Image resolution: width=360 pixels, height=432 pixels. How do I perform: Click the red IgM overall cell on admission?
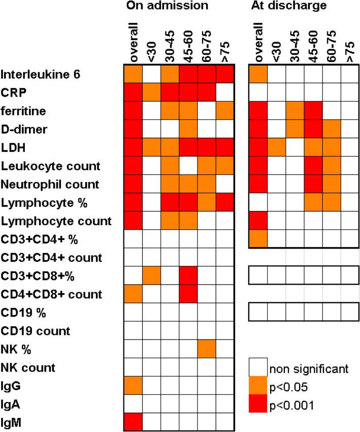point(134,421)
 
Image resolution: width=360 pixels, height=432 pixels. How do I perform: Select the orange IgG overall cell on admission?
point(134,385)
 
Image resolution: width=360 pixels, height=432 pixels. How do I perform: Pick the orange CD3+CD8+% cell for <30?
point(152,275)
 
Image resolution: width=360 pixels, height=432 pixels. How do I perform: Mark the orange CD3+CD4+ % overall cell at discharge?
point(258,239)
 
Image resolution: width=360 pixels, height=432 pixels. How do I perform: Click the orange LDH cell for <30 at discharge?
point(276,147)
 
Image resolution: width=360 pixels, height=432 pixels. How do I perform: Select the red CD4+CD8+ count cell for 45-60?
point(188,294)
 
